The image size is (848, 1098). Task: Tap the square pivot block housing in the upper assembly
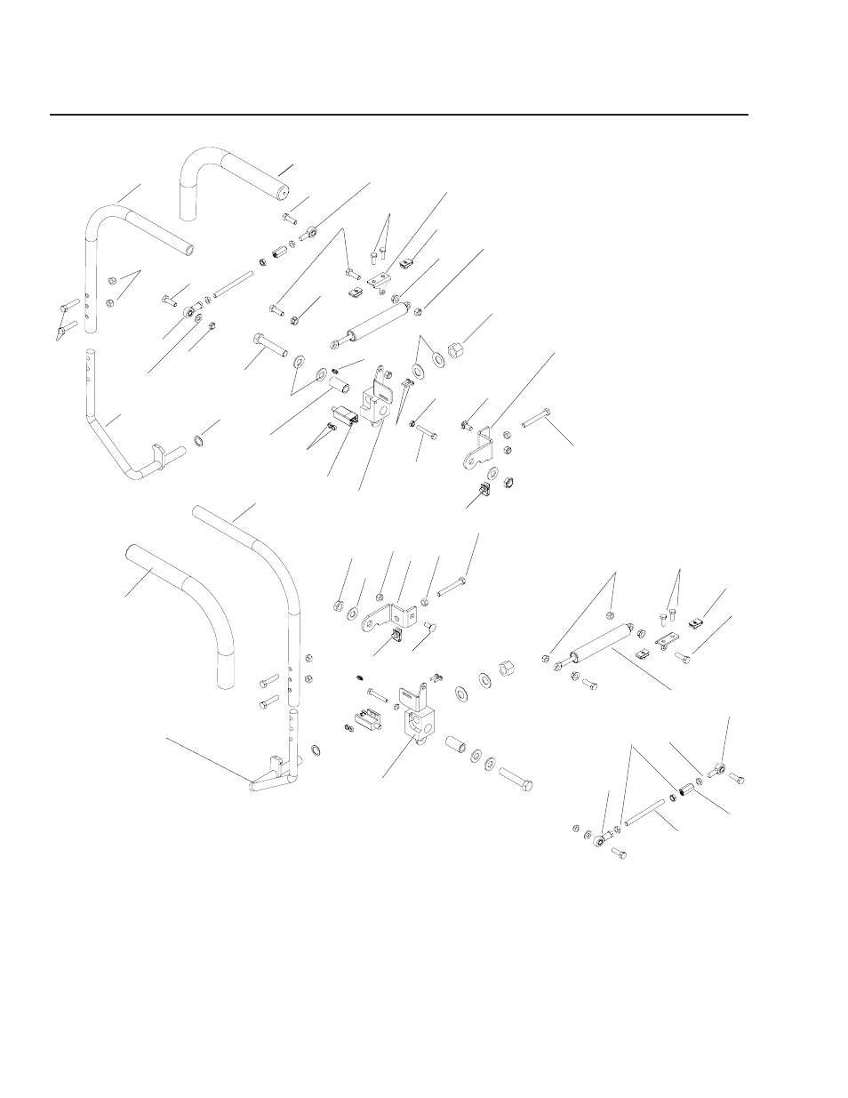point(379,400)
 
